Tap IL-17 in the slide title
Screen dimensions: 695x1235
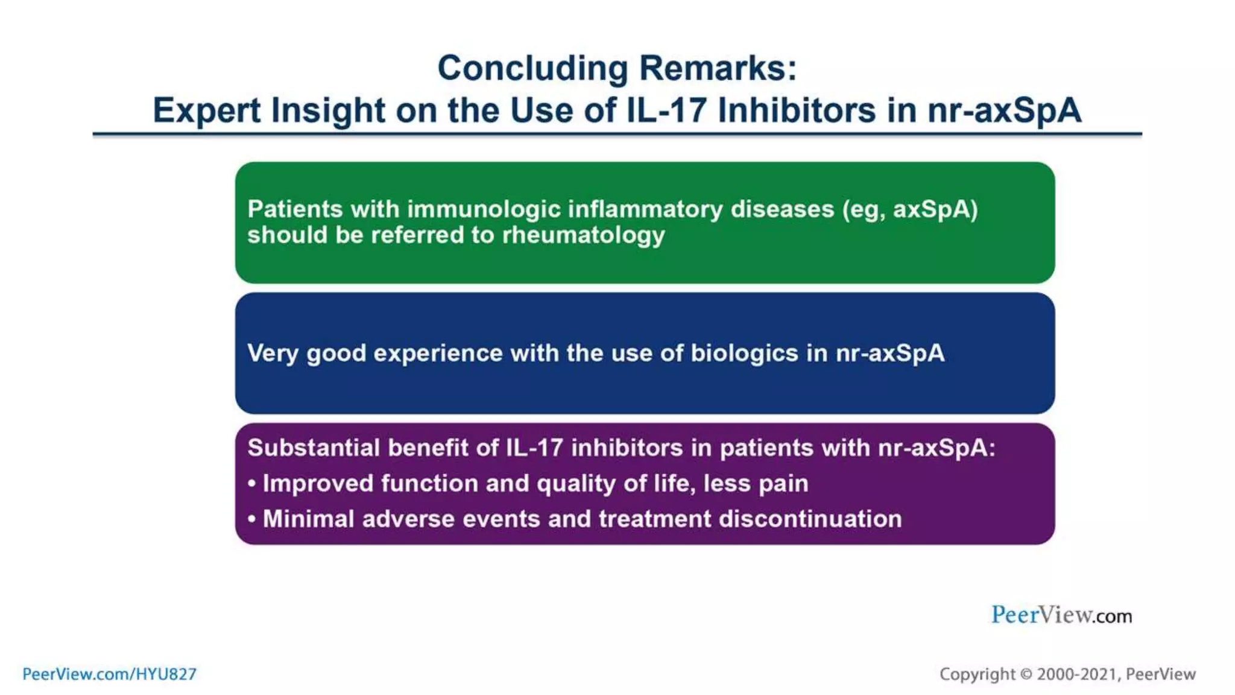tap(666, 110)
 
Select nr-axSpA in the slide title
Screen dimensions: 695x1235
tap(1005, 110)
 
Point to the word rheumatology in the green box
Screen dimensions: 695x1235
tap(583, 235)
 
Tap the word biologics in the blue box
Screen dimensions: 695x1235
tap(744, 354)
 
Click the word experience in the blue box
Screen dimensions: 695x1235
tap(438, 354)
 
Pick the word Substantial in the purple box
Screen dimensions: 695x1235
tap(313, 448)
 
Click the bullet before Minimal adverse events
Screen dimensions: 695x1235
tap(252, 519)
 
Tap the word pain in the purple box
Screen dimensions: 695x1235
tap(783, 484)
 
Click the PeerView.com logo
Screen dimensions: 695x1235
tap(1061, 615)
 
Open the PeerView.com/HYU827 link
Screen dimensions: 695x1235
tap(109, 674)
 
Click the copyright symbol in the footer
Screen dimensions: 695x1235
tap(1026, 674)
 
